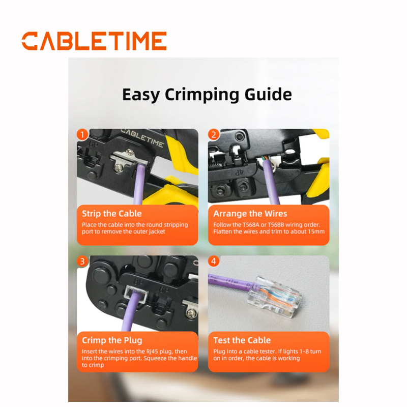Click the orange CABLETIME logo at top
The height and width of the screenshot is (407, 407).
pyautogui.click(x=94, y=41)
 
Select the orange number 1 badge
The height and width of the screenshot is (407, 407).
pyautogui.click(x=82, y=135)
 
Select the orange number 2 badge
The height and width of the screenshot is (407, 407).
pyautogui.click(x=214, y=135)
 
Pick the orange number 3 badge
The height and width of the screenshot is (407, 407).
pyautogui.click(x=82, y=261)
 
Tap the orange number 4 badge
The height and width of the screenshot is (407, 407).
pyautogui.click(x=214, y=261)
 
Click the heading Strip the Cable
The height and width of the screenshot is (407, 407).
pyautogui.click(x=112, y=214)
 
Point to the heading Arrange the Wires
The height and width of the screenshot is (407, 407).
pyautogui.click(x=250, y=214)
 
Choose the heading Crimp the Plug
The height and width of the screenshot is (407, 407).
pyautogui.click(x=112, y=340)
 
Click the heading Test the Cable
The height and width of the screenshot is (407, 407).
pyautogui.click(x=242, y=340)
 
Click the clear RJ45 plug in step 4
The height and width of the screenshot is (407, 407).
pyautogui.click(x=275, y=297)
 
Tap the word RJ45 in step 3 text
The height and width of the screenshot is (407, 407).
pyautogui.click(x=152, y=352)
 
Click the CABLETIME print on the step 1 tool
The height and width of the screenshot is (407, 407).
pyautogui.click(x=142, y=138)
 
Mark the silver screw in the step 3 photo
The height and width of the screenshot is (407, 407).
pyautogui.click(x=191, y=313)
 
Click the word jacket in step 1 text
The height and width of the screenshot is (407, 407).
pyautogui.click(x=157, y=232)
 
